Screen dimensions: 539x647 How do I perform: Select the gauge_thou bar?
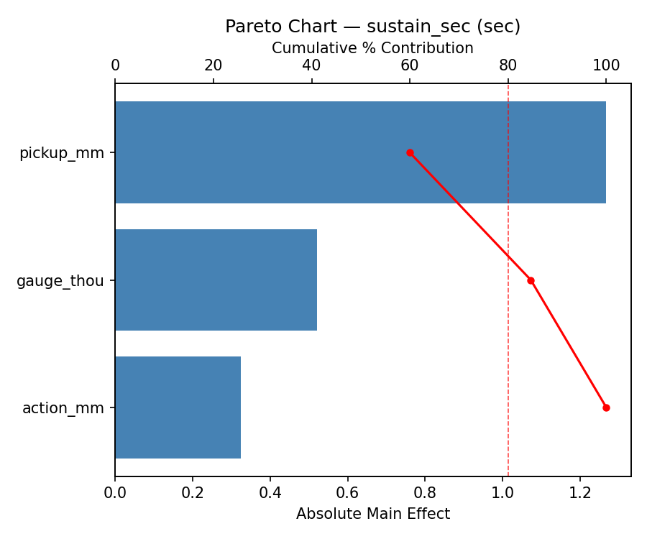[216, 280]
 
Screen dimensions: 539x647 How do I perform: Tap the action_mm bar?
[178, 407]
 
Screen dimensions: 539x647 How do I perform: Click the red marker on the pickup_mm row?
[410, 152]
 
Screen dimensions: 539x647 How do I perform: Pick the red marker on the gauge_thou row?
[531, 280]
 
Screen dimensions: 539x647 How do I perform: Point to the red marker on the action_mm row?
[606, 407]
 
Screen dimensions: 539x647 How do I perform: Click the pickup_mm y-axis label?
[62, 153]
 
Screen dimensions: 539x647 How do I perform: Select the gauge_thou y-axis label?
[60, 281]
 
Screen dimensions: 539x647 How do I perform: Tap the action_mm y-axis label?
[63, 408]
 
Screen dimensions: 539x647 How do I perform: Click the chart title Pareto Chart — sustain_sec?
[372, 27]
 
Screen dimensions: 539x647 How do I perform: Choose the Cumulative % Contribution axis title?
[372, 48]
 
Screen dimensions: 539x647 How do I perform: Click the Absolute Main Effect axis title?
[372, 514]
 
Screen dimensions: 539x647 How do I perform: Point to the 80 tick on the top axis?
[508, 66]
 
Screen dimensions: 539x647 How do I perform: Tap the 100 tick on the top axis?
[606, 66]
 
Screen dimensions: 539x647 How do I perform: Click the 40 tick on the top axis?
[311, 66]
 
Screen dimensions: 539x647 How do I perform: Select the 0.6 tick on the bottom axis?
[347, 494]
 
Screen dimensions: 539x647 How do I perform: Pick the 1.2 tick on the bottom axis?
[580, 494]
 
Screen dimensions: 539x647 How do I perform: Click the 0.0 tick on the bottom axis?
[115, 494]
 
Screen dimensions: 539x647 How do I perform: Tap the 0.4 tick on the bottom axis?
[270, 494]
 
